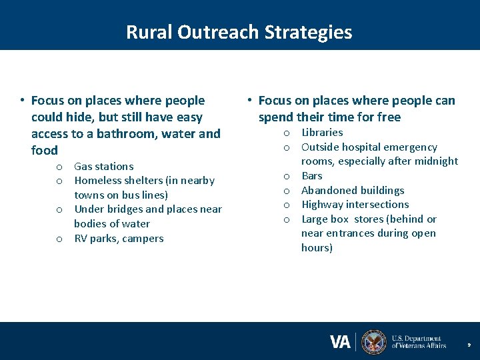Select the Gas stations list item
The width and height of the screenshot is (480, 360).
pos(103,167)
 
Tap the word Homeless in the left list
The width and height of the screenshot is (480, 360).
pos(97,181)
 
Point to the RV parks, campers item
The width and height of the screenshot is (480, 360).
pos(118,239)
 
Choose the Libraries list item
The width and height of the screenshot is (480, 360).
pos(322,133)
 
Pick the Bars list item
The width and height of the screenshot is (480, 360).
pos(311,176)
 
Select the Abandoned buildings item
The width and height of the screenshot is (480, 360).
pos(353,191)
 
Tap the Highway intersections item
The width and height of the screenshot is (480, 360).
pos(355,205)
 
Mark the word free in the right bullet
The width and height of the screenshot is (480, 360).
pos(387,117)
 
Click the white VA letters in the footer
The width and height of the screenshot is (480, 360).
pos(340,342)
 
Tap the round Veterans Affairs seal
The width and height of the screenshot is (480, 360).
pos(374,342)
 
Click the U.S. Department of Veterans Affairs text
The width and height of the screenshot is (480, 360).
pos(419,342)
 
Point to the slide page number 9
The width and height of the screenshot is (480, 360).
pos(469,345)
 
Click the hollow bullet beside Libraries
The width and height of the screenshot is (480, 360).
pos(287,133)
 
